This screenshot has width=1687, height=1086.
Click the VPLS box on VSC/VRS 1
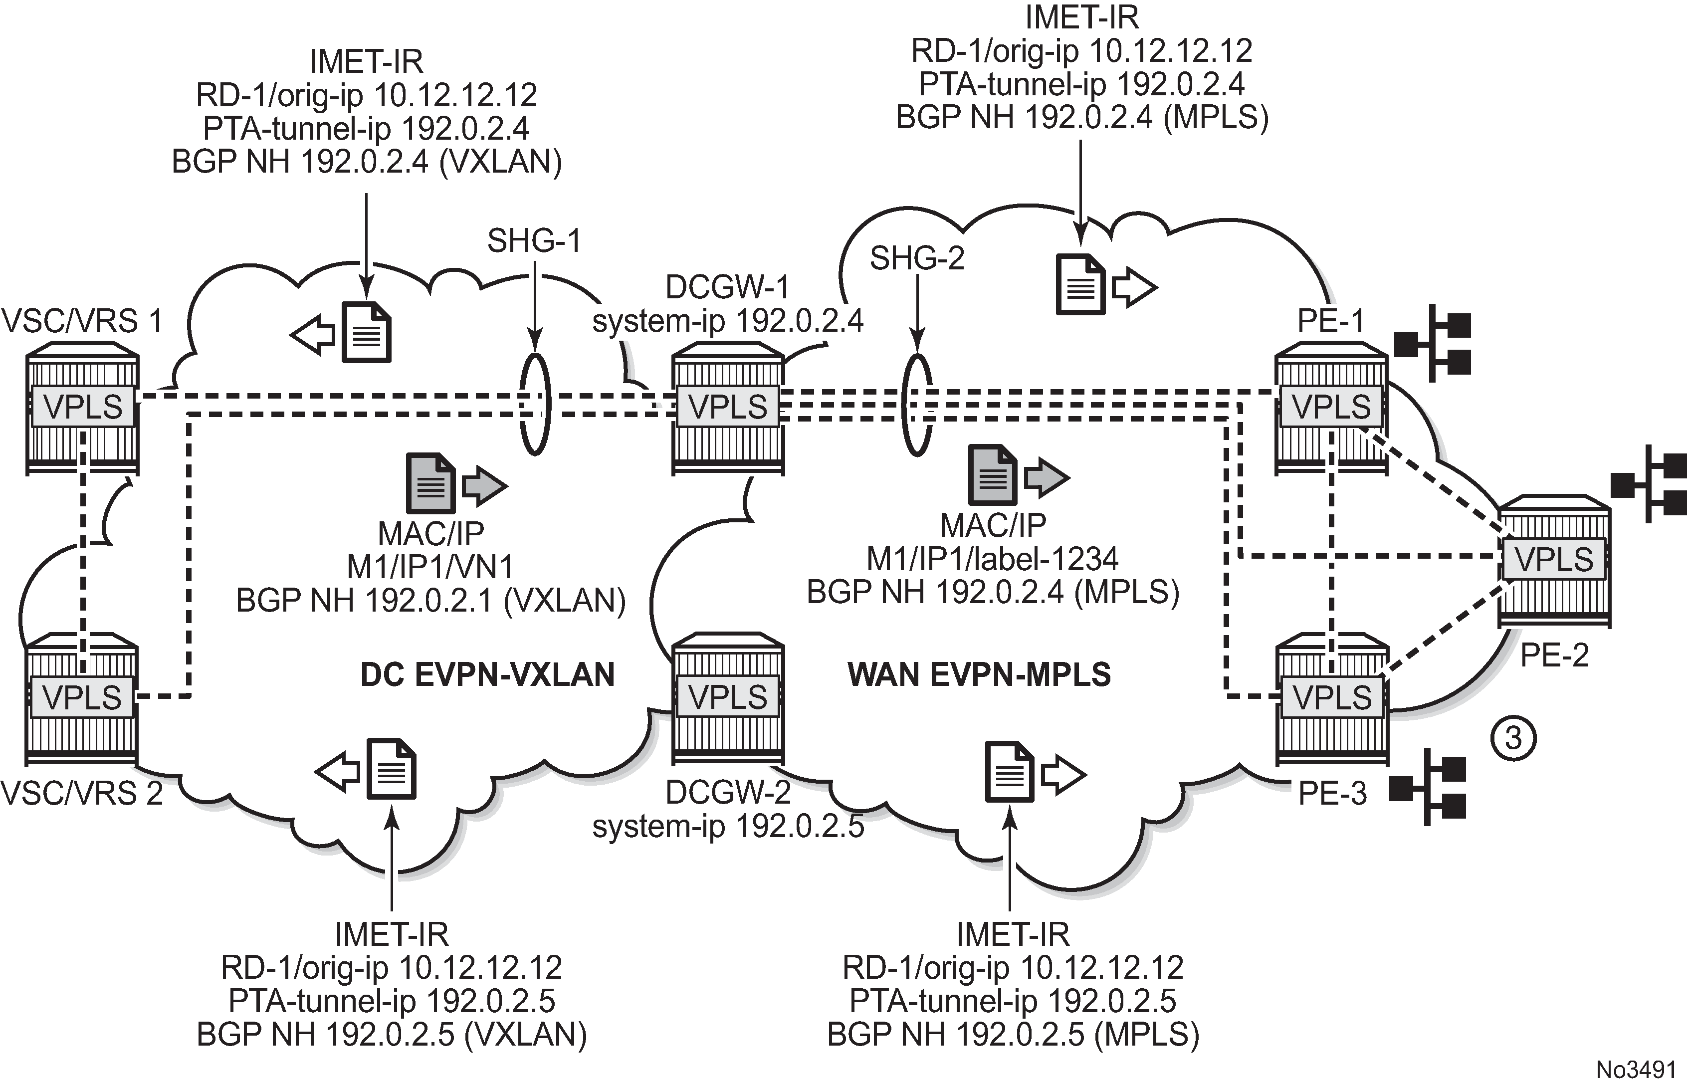(x=82, y=407)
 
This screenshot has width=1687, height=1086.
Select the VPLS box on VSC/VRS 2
(x=82, y=697)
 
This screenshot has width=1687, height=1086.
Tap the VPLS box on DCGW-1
(x=728, y=407)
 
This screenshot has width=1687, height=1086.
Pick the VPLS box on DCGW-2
(x=728, y=697)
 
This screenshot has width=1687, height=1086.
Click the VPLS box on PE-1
(x=1331, y=407)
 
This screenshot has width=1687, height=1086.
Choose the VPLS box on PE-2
(x=1553, y=560)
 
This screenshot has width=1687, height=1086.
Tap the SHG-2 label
(x=916, y=259)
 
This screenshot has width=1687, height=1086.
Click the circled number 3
(x=1513, y=739)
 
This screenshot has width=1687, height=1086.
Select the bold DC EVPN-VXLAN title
(x=487, y=675)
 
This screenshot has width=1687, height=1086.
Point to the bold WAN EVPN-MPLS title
(x=979, y=675)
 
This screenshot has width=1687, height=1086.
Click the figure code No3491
(x=1636, y=1069)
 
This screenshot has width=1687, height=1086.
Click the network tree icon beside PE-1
(x=1433, y=343)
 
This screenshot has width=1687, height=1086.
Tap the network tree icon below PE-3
(x=1428, y=787)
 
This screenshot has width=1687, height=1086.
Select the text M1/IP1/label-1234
(x=992, y=559)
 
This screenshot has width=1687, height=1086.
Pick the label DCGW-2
(x=728, y=793)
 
